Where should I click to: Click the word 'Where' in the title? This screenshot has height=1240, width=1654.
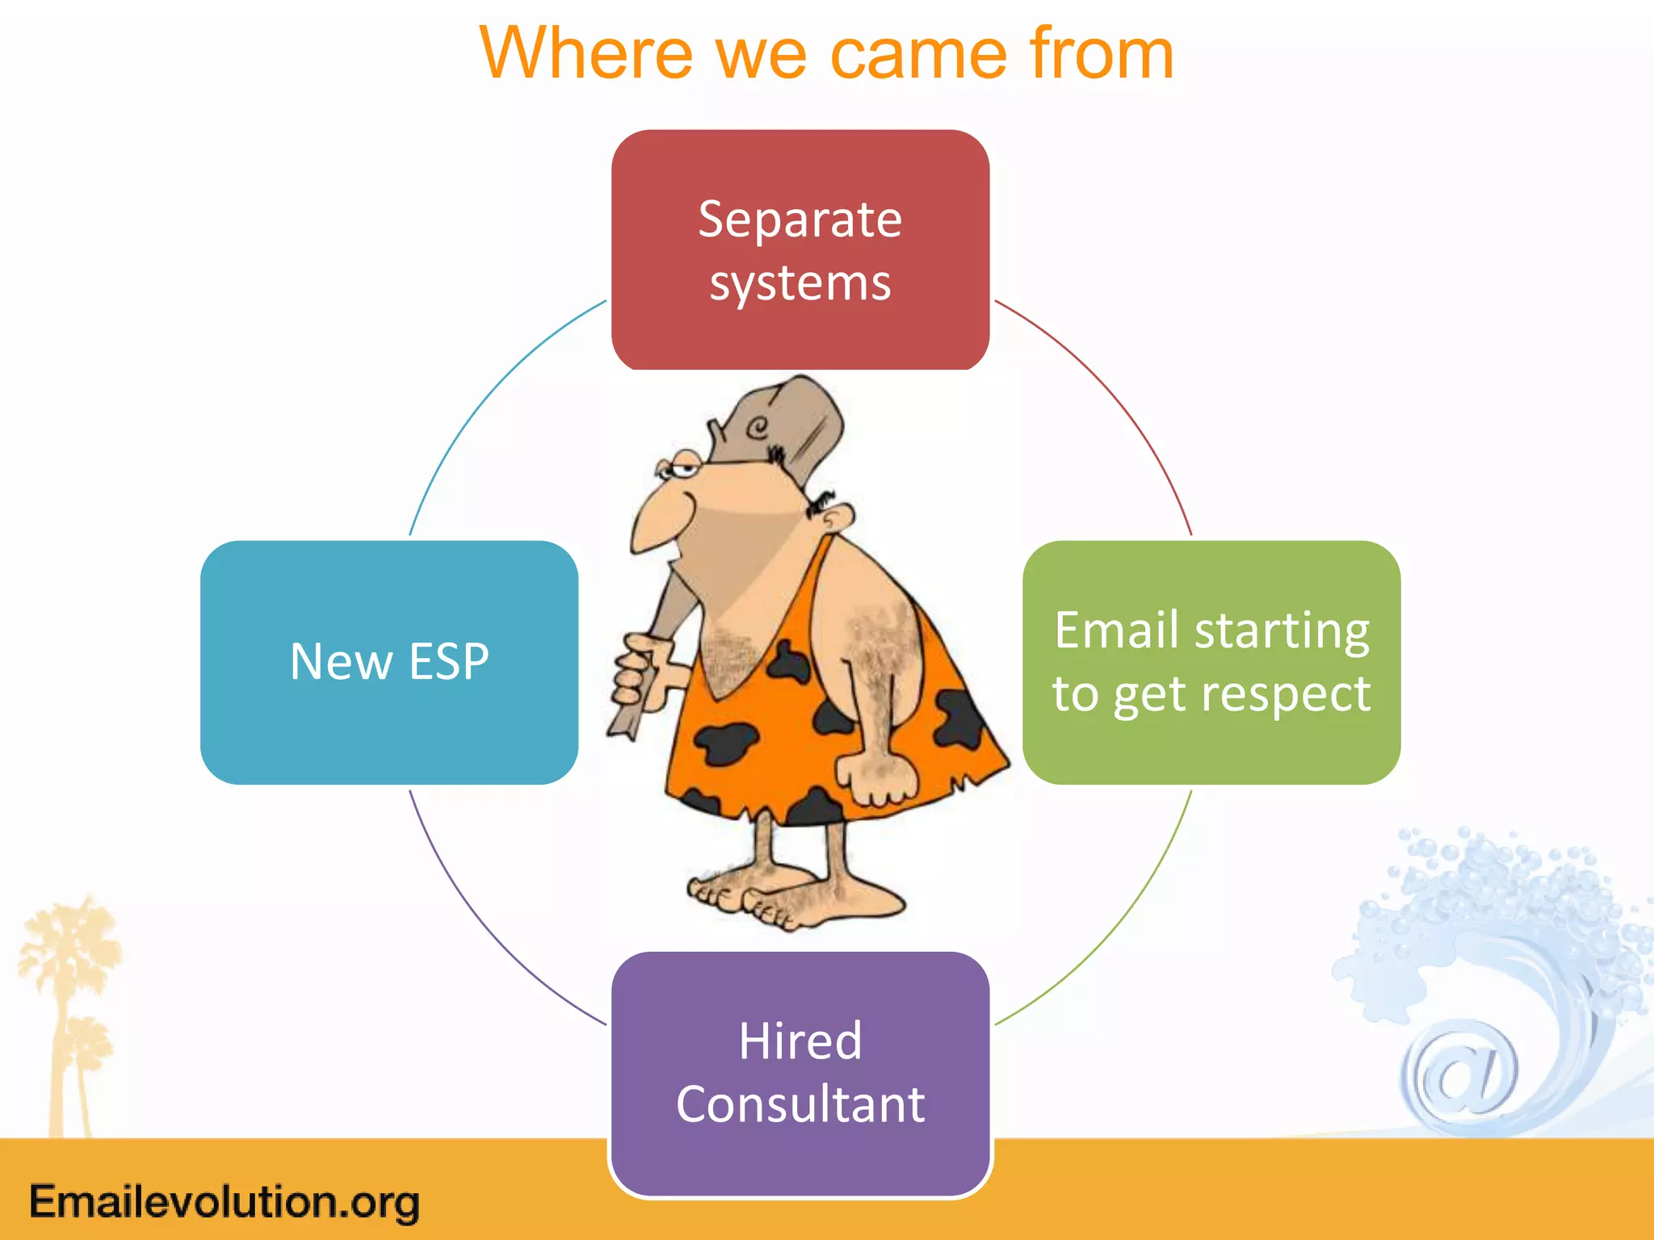[x=586, y=55]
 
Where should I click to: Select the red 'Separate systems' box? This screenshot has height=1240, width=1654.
[x=800, y=250]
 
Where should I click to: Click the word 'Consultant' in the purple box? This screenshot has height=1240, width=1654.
[x=800, y=1104]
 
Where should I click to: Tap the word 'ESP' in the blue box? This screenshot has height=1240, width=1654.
[x=449, y=662]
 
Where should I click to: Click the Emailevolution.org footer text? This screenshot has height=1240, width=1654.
[x=225, y=1201]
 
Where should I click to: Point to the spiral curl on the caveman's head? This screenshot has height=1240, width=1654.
[x=757, y=427]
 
